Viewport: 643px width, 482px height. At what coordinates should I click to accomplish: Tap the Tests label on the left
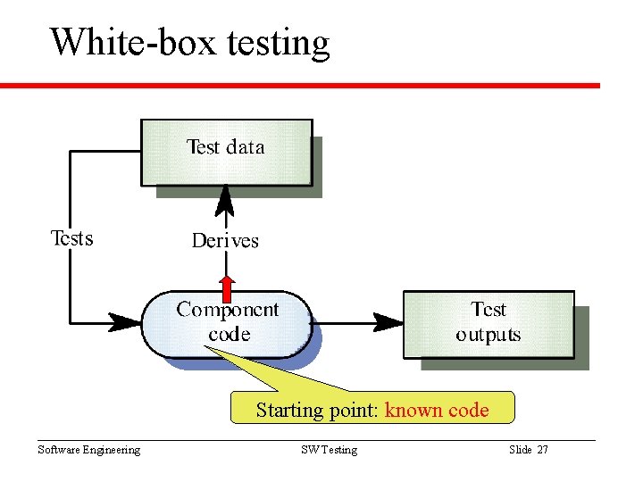click(71, 237)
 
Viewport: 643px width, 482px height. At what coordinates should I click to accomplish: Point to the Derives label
click(225, 240)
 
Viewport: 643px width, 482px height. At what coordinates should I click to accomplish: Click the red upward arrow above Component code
click(227, 287)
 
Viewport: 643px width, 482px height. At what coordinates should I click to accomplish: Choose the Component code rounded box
click(227, 323)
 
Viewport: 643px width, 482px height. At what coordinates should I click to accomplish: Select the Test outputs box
click(488, 323)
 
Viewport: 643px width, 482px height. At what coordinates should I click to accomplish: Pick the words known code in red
click(437, 411)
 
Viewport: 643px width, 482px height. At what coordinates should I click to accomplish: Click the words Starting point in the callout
click(318, 411)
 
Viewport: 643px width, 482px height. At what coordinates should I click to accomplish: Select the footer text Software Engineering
click(88, 450)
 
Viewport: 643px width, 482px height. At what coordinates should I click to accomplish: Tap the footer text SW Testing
click(329, 450)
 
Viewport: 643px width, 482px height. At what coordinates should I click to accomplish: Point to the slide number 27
click(542, 450)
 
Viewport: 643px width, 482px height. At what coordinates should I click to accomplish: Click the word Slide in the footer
click(520, 450)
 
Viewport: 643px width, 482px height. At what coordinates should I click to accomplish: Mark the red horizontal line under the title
click(300, 86)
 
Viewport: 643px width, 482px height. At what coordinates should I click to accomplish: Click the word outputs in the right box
click(488, 336)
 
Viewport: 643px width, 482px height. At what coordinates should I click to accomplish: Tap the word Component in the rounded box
click(227, 311)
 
